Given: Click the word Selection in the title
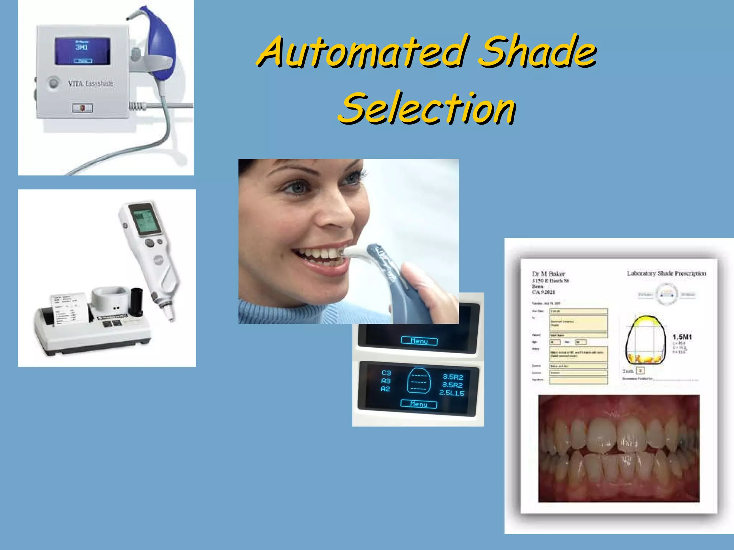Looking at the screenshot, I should pos(426,108).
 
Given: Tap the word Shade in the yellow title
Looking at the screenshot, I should pos(538,52).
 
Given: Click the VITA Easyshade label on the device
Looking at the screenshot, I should pos(91,83).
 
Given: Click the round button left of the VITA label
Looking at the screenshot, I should pos(54,83).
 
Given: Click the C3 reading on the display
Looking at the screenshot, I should pos(386,373).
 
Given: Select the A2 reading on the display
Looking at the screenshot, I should pos(385,389).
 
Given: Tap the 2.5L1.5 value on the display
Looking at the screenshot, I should pos(452,393).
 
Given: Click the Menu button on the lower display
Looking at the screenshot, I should pos(419,404).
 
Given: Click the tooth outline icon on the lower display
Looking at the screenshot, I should pos(418,381).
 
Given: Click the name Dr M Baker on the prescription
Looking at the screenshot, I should pos(548,274).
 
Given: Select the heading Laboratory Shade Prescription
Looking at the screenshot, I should pos(666,273).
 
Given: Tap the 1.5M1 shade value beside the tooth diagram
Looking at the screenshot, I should pos(682,337).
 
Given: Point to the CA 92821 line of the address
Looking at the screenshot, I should pos(544,292).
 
